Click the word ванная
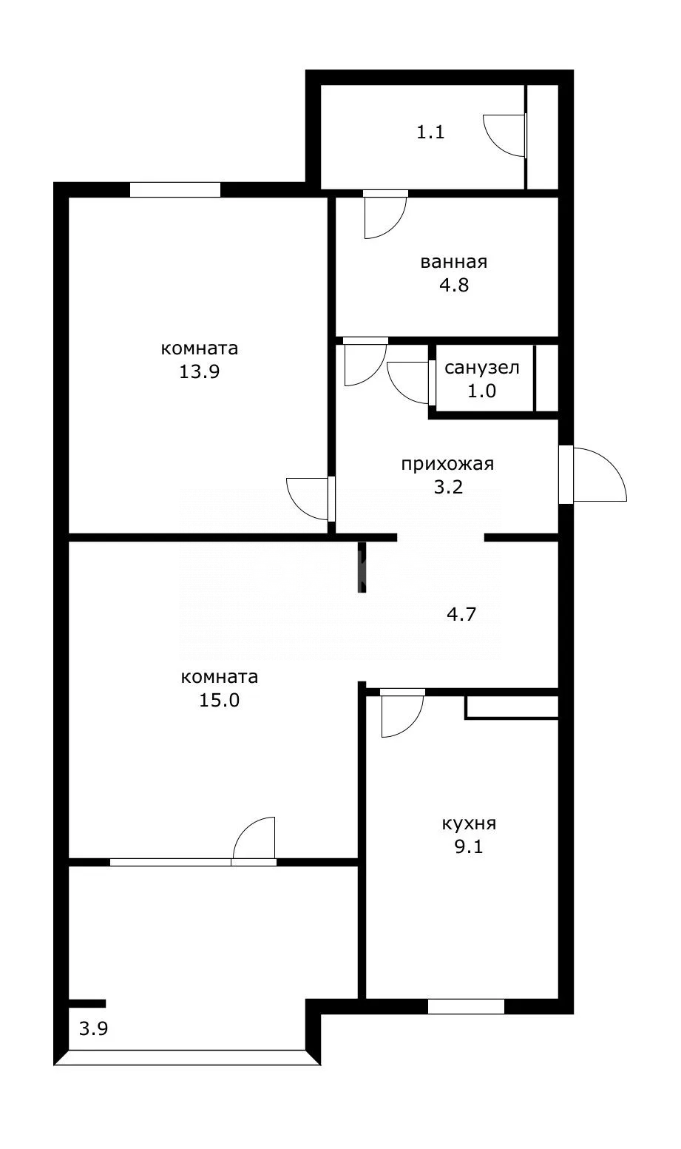click(x=454, y=262)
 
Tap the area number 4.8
click(x=454, y=285)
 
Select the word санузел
click(x=482, y=368)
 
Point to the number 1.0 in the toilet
click(x=481, y=391)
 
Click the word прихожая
click(x=447, y=464)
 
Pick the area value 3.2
click(x=448, y=487)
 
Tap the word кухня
click(x=470, y=823)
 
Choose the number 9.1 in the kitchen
click(x=469, y=846)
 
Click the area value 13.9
click(x=200, y=371)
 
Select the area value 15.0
click(x=220, y=700)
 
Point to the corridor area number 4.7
click(x=461, y=614)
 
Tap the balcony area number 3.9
click(x=93, y=1028)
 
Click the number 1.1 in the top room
click(x=430, y=132)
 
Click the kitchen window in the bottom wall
click(x=466, y=1006)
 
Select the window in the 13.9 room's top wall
click(x=175, y=190)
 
